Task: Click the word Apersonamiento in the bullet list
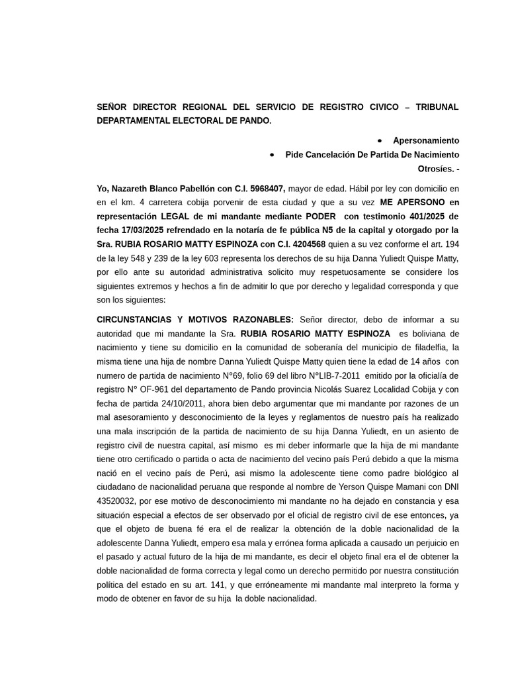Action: pos(425,140)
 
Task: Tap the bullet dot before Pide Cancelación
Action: pos(273,154)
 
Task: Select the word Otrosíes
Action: pos(436,169)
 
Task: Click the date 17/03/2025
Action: pos(142,230)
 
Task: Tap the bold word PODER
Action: pos(319,217)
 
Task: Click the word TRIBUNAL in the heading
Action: pos(437,107)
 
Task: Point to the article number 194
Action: pos(452,244)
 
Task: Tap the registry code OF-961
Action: pos(168,389)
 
